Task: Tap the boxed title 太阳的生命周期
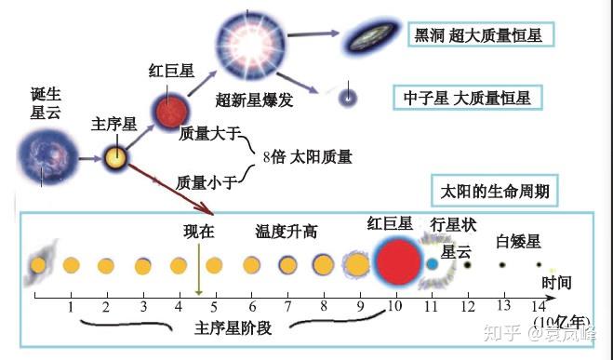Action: [495, 193]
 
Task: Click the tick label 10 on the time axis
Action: [393, 306]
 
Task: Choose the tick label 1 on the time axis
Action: [71, 306]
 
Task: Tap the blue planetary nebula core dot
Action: [432, 264]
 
